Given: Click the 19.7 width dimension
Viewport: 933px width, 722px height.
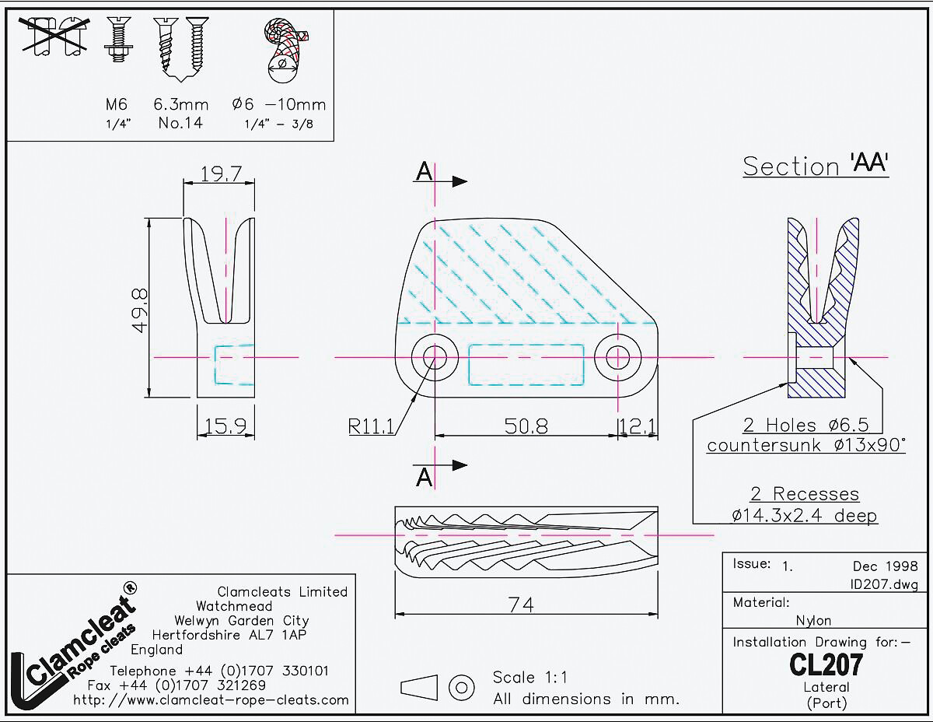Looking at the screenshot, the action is [221, 173].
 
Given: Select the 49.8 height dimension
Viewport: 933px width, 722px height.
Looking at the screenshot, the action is [140, 310].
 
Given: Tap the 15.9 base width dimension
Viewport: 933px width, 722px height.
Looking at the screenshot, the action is [225, 426].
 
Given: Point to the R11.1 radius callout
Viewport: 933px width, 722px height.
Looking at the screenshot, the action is [371, 426].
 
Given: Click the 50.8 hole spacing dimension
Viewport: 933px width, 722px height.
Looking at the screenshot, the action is [526, 426].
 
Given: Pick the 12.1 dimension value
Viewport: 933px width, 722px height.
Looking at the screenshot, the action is [638, 426].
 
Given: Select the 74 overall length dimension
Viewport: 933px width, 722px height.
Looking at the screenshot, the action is [521, 605].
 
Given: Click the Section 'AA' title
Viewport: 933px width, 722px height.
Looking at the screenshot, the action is [816, 166].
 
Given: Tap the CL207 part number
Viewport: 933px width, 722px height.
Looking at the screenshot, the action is [826, 664].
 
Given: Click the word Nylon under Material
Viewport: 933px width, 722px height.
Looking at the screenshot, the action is [813, 620].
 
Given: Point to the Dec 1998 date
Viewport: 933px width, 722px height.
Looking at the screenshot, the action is [886, 566].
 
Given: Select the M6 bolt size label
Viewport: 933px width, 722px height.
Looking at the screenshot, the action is [117, 104].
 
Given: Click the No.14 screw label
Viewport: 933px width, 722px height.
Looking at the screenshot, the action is [180, 123].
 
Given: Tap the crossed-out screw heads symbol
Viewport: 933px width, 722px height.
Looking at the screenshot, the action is [54, 36].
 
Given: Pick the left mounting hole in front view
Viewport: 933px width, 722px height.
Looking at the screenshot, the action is [435, 357].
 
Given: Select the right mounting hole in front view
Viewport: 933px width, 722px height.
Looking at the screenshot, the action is [617, 357].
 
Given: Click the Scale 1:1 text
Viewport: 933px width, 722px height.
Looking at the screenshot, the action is [529, 678].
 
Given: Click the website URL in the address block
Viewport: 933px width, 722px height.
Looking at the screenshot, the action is [211, 700].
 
